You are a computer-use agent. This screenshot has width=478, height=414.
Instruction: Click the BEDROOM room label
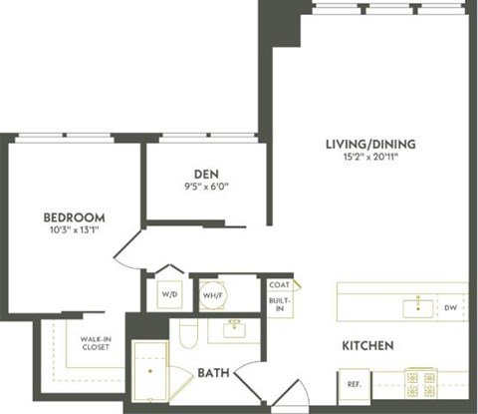pyautogui.click(x=74, y=216)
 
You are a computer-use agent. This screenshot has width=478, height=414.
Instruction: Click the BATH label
pyautogui.click(x=213, y=373)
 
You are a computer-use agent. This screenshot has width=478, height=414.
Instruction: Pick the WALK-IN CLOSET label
pyautogui.click(x=96, y=342)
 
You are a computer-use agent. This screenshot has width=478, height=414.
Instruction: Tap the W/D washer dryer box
pyautogui.click(x=167, y=295)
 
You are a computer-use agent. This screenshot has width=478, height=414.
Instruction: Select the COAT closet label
pyautogui.click(x=279, y=285)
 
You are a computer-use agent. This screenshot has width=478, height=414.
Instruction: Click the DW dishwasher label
pyautogui.click(x=450, y=308)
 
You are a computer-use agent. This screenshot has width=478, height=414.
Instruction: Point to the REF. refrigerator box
pyautogui.click(x=354, y=384)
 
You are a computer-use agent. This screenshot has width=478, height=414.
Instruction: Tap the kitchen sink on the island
pyautogui.click(x=413, y=307)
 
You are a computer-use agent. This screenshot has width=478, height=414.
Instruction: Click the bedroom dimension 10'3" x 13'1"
pyautogui.click(x=74, y=230)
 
